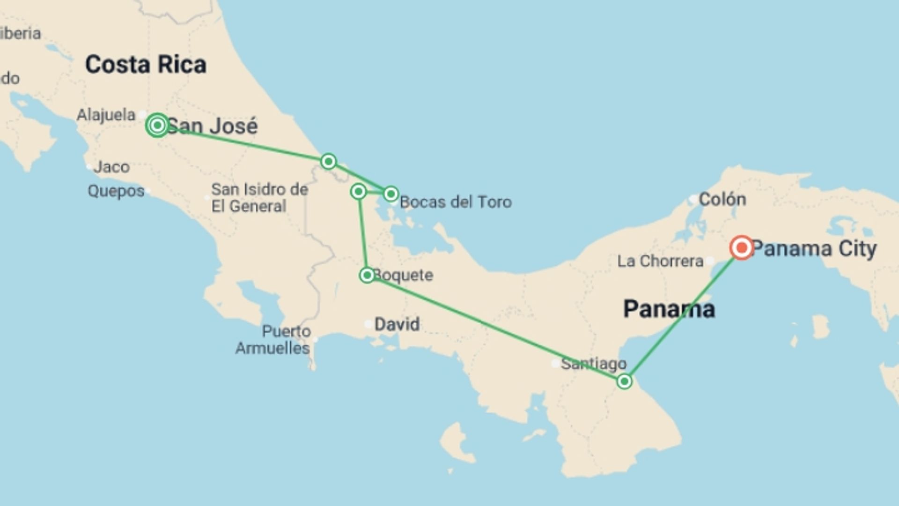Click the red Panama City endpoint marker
click(742, 247)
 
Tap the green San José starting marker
click(157, 125)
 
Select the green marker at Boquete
click(367, 275)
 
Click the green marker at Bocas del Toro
click(391, 193)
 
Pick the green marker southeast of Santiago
click(624, 381)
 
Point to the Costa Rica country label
click(146, 65)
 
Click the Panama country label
click(669, 309)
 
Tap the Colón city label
click(722, 200)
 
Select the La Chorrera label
click(660, 261)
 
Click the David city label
click(397, 324)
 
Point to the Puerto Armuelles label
click(273, 340)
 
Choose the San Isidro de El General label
click(259, 198)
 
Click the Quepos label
click(116, 191)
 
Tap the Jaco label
click(111, 167)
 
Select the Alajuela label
click(106, 115)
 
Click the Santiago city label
click(594, 364)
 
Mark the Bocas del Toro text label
click(456, 202)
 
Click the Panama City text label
click(814, 249)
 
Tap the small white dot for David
click(368, 324)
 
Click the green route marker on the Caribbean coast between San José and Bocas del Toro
click(328, 162)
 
